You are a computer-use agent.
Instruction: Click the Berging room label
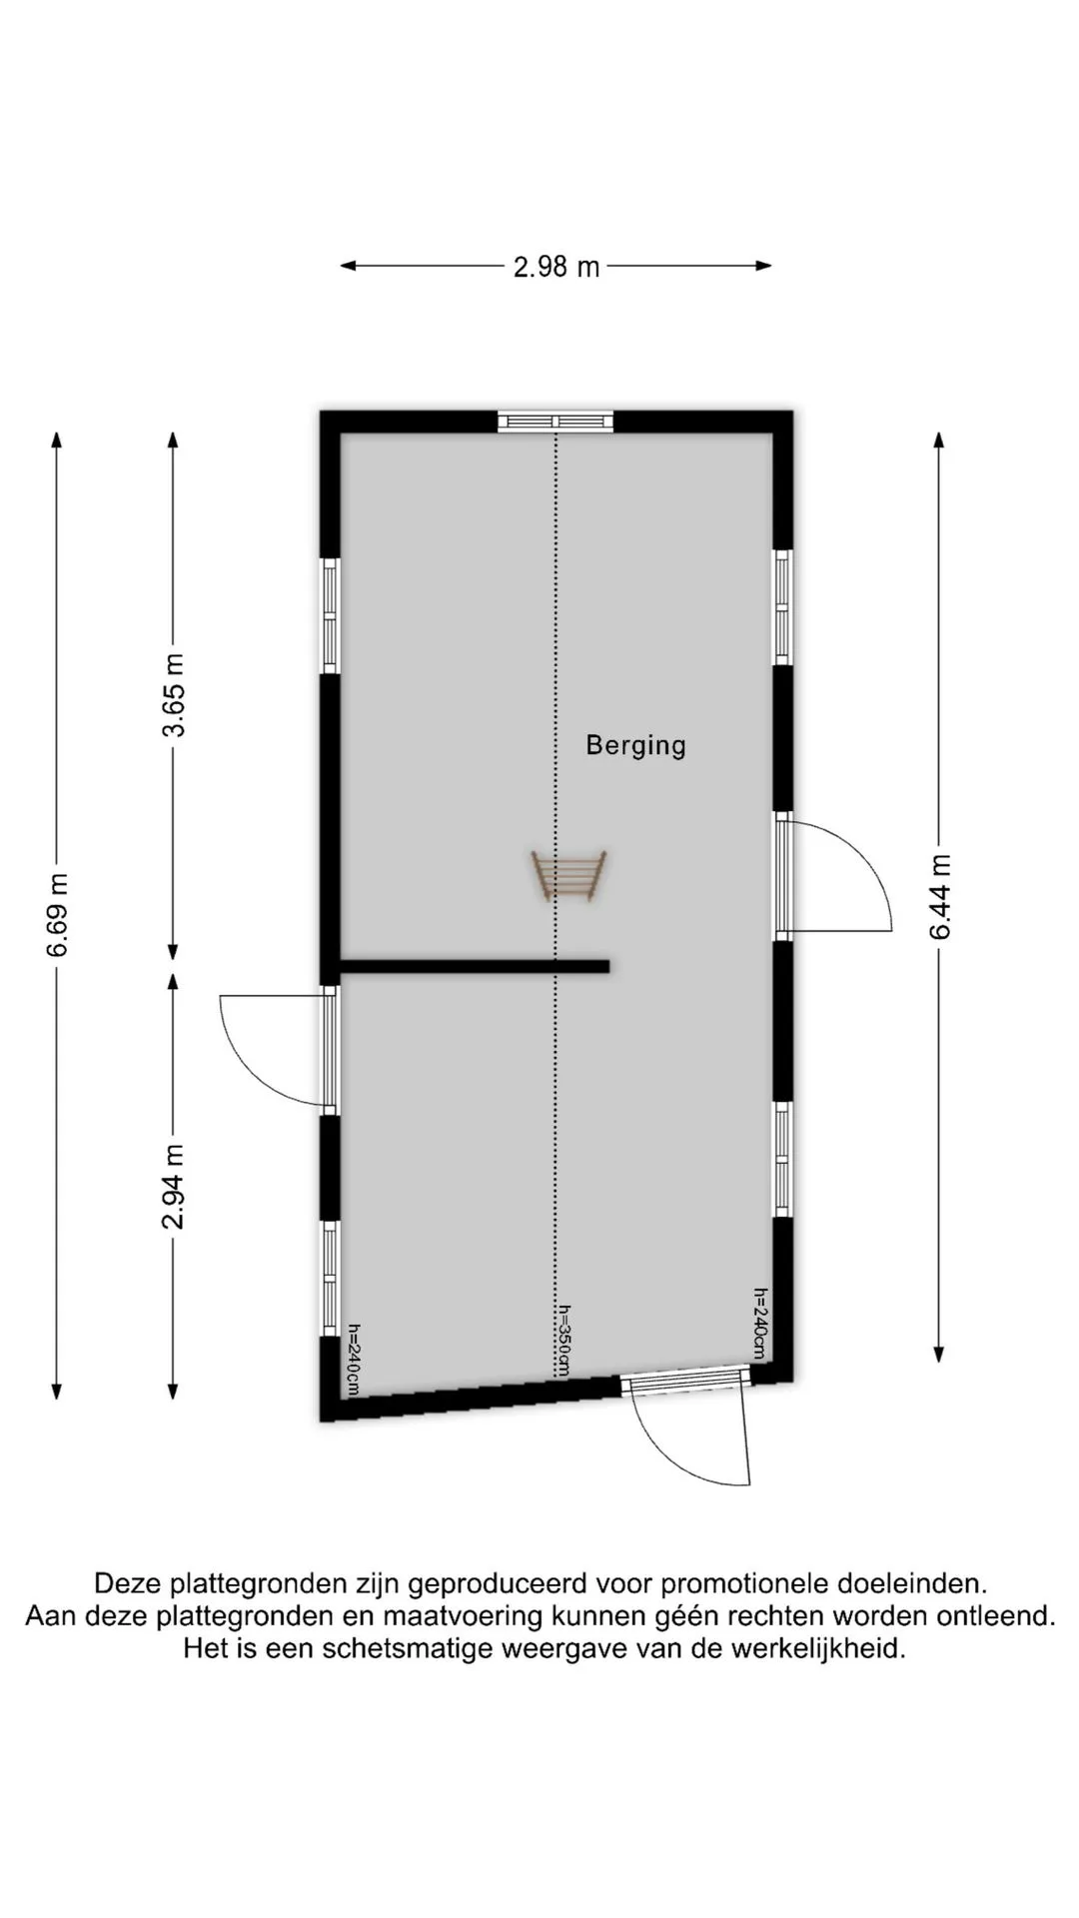[635, 745]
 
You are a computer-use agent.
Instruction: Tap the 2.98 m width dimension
[556, 267]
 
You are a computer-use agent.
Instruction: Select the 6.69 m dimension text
[58, 914]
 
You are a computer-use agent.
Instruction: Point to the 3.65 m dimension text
[174, 694]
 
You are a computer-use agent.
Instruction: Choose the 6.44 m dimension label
[939, 897]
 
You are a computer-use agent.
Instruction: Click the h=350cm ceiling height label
[563, 1341]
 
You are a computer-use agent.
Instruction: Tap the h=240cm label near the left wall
[354, 1360]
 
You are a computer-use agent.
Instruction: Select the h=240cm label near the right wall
[759, 1323]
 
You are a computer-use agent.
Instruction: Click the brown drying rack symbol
[568, 875]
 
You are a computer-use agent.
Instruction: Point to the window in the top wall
[555, 421]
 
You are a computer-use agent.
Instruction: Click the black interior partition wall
[475, 966]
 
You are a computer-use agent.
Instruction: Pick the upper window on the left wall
[330, 615]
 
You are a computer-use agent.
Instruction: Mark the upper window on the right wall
[783, 606]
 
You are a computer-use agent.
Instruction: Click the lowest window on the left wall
[330, 1278]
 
